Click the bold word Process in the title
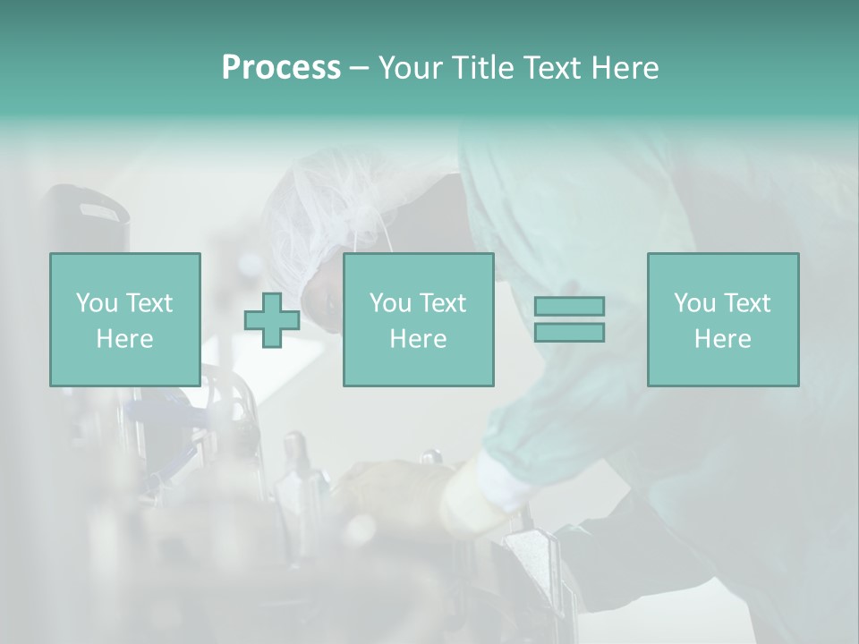[x=281, y=68]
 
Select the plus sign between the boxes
[x=272, y=320]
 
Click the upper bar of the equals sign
[x=569, y=306]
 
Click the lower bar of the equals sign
[x=569, y=333]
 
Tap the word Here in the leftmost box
[x=124, y=339]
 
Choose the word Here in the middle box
[x=418, y=339]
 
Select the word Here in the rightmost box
[x=722, y=339]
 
